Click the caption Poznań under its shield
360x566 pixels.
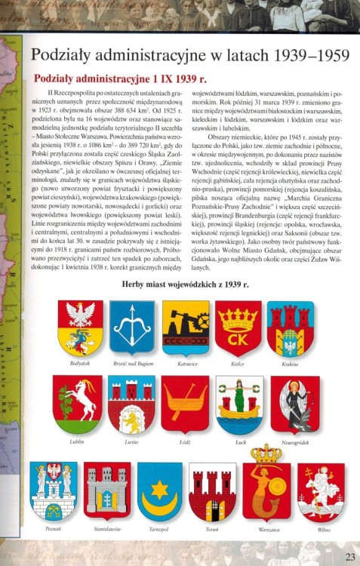(x=53, y=531)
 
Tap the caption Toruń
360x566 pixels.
(x=213, y=531)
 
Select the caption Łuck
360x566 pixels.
(x=240, y=442)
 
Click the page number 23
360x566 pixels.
(x=349, y=557)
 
